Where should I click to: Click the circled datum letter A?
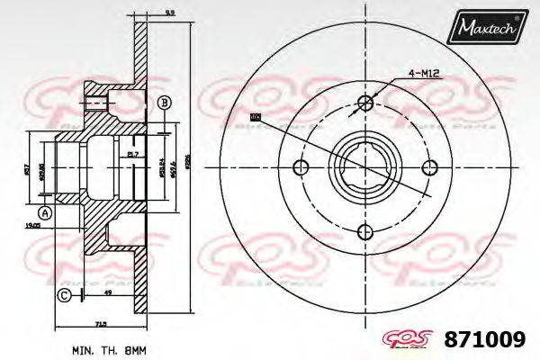coord(46,212)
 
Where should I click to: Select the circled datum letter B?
coord(164,103)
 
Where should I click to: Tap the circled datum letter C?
coord(64,294)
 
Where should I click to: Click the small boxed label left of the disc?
coord(255,116)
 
